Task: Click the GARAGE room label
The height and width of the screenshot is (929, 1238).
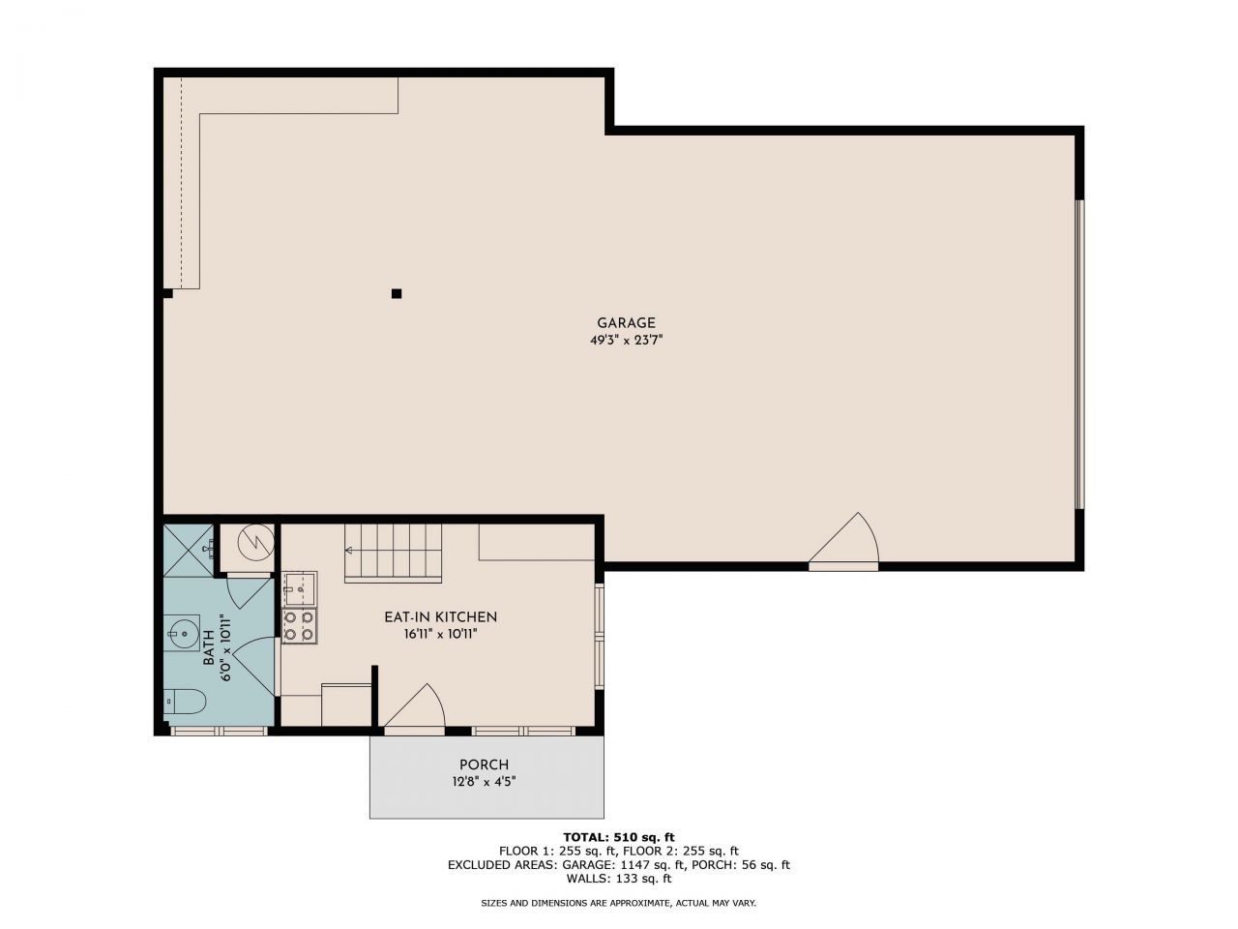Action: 626,322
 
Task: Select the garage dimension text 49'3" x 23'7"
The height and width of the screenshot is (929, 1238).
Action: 626,340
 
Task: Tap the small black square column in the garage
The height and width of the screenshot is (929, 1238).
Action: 397,293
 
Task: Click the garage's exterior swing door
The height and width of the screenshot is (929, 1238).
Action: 843,542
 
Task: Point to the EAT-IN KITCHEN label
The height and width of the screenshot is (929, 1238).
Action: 440,617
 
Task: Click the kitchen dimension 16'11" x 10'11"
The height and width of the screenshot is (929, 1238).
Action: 440,634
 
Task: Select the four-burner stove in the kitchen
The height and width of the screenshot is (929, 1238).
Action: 299,625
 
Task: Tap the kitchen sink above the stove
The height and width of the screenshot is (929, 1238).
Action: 299,589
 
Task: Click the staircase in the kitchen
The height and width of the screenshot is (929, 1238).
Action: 393,553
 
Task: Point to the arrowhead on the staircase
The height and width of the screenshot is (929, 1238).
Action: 348,550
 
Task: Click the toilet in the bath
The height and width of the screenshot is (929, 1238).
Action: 185,702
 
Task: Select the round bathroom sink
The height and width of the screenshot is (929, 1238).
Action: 182,634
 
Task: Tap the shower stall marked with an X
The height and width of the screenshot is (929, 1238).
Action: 189,551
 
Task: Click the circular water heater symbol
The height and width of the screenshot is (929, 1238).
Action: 256,543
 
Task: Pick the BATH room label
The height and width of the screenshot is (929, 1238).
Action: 209,647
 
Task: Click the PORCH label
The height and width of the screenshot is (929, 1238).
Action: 484,764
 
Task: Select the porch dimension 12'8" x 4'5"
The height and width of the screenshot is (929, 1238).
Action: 484,782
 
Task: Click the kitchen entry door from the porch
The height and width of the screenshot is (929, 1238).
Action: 415,709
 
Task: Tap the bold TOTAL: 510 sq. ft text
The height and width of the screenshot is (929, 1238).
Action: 619,836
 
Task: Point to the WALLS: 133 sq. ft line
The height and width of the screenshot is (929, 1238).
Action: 619,878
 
